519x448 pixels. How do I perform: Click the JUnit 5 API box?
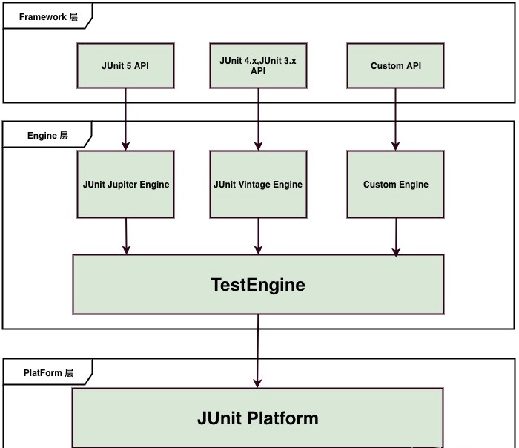tap(126, 66)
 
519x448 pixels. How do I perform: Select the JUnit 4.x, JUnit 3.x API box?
tap(258, 66)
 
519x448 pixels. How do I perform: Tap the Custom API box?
tap(396, 66)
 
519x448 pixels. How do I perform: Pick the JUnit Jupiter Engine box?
tap(126, 185)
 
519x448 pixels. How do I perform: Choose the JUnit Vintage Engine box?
tap(258, 185)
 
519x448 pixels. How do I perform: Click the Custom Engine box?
tap(396, 185)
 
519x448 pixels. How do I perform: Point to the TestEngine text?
tap(258, 285)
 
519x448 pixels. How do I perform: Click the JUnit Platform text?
tap(258, 418)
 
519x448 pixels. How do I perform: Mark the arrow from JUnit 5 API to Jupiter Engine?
tap(126, 119)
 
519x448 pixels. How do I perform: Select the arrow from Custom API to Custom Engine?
tap(396, 119)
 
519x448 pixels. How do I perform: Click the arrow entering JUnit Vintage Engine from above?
tap(258, 119)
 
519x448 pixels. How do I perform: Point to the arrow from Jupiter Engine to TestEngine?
tap(126, 236)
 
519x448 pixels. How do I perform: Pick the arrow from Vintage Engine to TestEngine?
tap(258, 236)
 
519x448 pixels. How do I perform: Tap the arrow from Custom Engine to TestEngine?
tap(396, 236)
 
